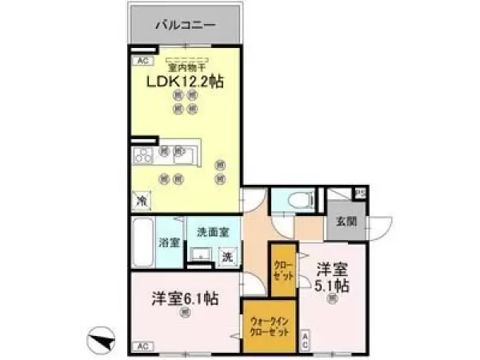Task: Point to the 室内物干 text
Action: pos(187,68)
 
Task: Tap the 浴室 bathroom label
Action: pos(168,242)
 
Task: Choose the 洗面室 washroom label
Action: pos(214,232)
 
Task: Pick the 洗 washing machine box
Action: pos(228,257)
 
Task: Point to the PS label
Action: pos(361,193)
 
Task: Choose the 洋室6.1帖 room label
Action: pos(186,302)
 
